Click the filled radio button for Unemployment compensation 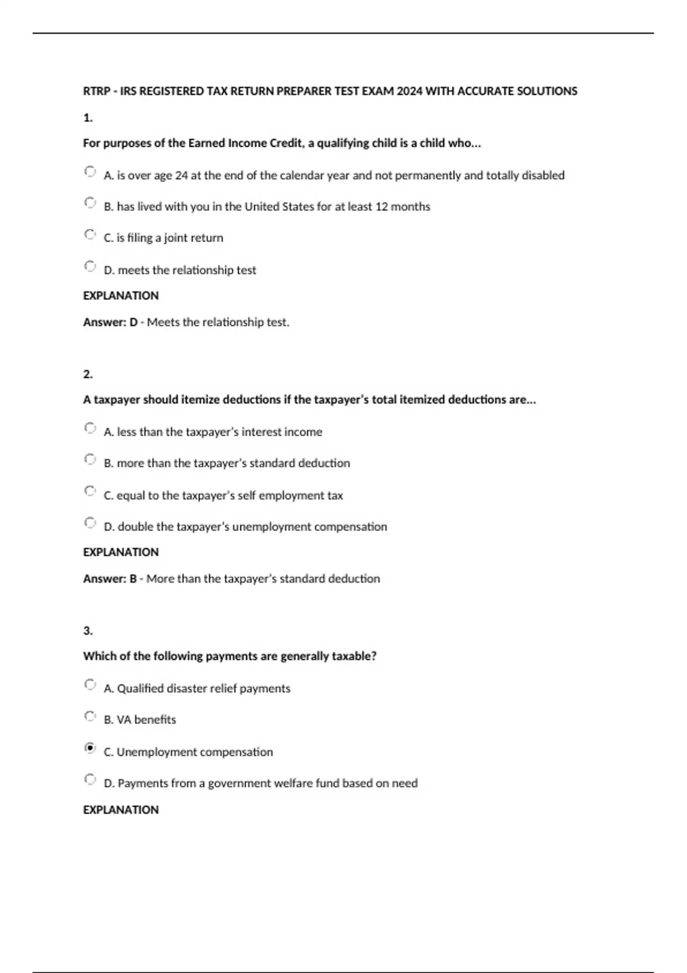coord(89,748)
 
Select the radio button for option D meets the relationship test coord(89,266)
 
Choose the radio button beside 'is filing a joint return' coord(89,234)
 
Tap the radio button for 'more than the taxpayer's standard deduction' coord(89,459)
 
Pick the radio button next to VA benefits coord(89,716)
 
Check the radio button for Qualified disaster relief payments coord(89,685)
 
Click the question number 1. coord(88,118)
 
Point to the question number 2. coord(88,374)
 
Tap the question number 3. coord(88,631)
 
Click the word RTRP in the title coord(96,92)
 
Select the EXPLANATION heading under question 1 coord(121,296)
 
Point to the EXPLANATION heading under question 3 coord(121,810)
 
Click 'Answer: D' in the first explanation coord(110,322)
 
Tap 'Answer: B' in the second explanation coord(110,579)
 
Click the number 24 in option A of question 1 coord(181,176)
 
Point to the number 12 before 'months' coord(381,207)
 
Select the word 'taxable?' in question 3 coord(354,656)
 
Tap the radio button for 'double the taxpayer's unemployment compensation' coord(89,523)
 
